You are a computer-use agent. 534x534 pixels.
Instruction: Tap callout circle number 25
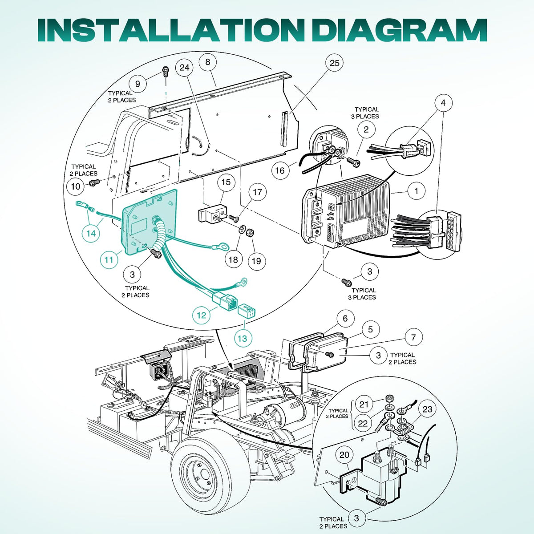tap(335, 63)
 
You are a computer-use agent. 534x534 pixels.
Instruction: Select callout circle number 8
tap(208, 62)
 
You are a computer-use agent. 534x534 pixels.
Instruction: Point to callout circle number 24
tap(185, 67)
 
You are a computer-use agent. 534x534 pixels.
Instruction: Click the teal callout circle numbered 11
tap(109, 259)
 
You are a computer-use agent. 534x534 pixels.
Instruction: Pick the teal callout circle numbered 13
tap(242, 338)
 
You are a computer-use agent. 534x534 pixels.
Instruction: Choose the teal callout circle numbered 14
tap(91, 233)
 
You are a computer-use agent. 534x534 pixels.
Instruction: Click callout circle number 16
tap(280, 170)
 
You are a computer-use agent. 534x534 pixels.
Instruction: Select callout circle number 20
tap(344, 455)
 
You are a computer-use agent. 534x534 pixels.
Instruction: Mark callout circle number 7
tap(413, 337)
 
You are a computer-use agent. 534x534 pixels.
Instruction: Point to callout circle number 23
tap(427, 409)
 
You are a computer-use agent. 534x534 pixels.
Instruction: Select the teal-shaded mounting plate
tap(150, 222)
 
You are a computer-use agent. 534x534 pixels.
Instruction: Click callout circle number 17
tap(257, 192)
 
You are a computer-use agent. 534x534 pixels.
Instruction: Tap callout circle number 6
tap(345, 318)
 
